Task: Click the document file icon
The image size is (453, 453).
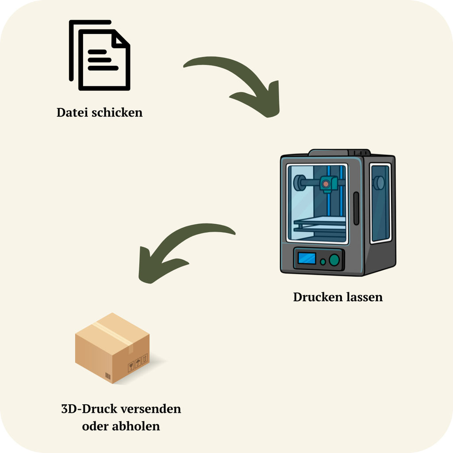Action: (100, 56)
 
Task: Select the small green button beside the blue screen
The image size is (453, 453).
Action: (323, 262)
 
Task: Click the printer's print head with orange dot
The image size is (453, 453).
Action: (327, 184)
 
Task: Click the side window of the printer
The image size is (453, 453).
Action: (380, 203)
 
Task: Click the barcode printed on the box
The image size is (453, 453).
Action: (108, 376)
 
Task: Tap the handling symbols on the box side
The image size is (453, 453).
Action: (137, 364)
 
